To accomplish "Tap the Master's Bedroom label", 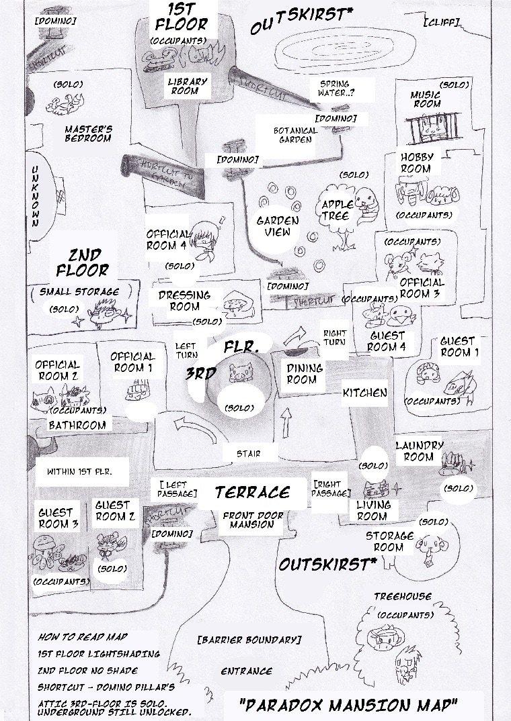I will pyautogui.click(x=88, y=133).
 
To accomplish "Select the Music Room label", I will pyautogui.click(x=426, y=100).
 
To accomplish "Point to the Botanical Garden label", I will pyautogui.click(x=292, y=135).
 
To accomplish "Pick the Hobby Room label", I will pyautogui.click(x=417, y=162).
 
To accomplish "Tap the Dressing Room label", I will pyautogui.click(x=184, y=301).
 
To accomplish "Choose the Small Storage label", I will pyautogui.click(x=79, y=292).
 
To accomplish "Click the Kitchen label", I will pyautogui.click(x=365, y=392).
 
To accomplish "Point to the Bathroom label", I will pyautogui.click(x=77, y=425).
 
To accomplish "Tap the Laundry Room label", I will pyautogui.click(x=419, y=451).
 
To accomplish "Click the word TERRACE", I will pyautogui.click(x=252, y=492).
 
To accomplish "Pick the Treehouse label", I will pyautogui.click(x=403, y=596).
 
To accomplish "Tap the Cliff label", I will pyautogui.click(x=442, y=22).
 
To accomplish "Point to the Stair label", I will pyautogui.click(x=249, y=454).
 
